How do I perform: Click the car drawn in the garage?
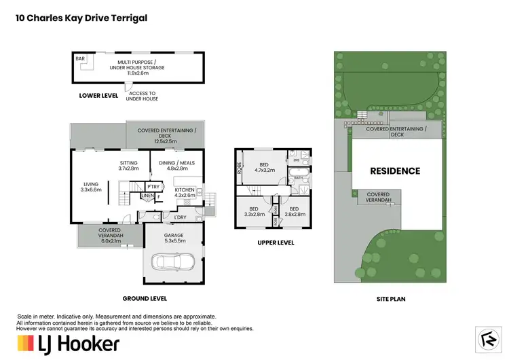[172, 261]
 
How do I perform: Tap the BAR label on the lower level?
[81, 59]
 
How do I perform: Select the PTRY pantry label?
[153, 187]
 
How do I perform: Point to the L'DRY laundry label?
[181, 217]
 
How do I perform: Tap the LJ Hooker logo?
[68, 343]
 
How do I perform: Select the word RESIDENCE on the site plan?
[395, 171]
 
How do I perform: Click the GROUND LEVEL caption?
[145, 298]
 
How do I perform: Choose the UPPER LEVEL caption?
[275, 242]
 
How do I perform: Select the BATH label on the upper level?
[299, 179]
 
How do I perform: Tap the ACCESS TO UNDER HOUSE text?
[143, 96]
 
